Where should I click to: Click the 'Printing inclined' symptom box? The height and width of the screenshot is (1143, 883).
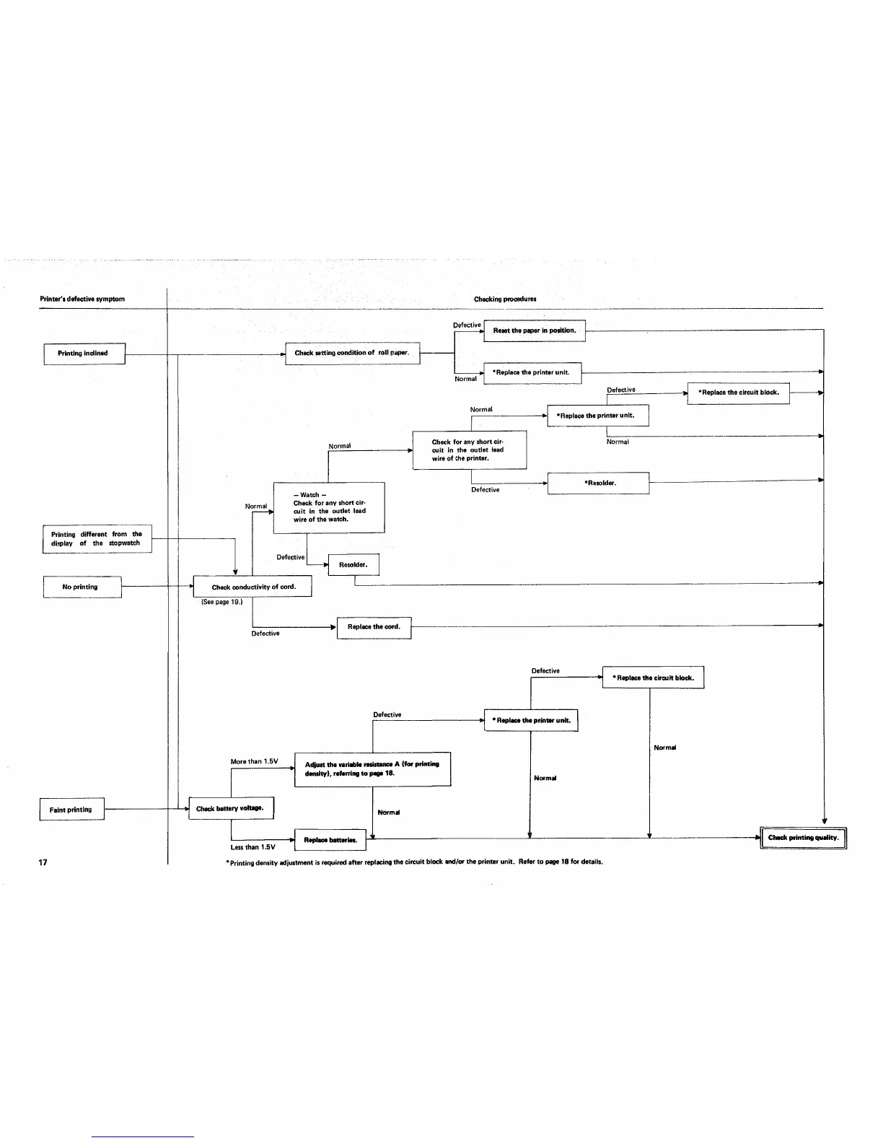click(x=84, y=354)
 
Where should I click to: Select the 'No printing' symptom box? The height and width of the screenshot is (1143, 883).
click(x=82, y=587)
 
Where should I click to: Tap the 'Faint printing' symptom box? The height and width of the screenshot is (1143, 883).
click(x=71, y=810)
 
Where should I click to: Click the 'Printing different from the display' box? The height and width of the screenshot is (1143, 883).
click(x=97, y=539)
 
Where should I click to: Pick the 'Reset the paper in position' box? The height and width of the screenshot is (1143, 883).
click(x=534, y=330)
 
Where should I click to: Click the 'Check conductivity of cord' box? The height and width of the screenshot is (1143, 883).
click(x=252, y=587)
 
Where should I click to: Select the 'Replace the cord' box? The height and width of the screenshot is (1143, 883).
click(x=374, y=627)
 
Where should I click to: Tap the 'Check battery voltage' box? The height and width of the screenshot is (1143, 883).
click(x=231, y=809)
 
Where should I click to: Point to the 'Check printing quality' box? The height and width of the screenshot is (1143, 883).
click(x=803, y=838)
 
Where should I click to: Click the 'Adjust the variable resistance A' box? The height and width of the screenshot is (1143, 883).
click(x=372, y=768)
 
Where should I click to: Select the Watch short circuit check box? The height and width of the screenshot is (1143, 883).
click(x=329, y=507)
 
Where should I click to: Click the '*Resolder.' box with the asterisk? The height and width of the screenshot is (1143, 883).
click(x=598, y=483)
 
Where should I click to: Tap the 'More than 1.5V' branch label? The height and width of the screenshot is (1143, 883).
click(x=254, y=762)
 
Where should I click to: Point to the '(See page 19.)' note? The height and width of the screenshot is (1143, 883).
click(x=221, y=602)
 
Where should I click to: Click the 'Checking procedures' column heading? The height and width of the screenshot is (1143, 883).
click(x=505, y=299)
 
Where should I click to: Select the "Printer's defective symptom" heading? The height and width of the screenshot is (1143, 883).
click(x=82, y=299)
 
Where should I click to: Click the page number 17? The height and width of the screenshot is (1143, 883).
click(x=43, y=862)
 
